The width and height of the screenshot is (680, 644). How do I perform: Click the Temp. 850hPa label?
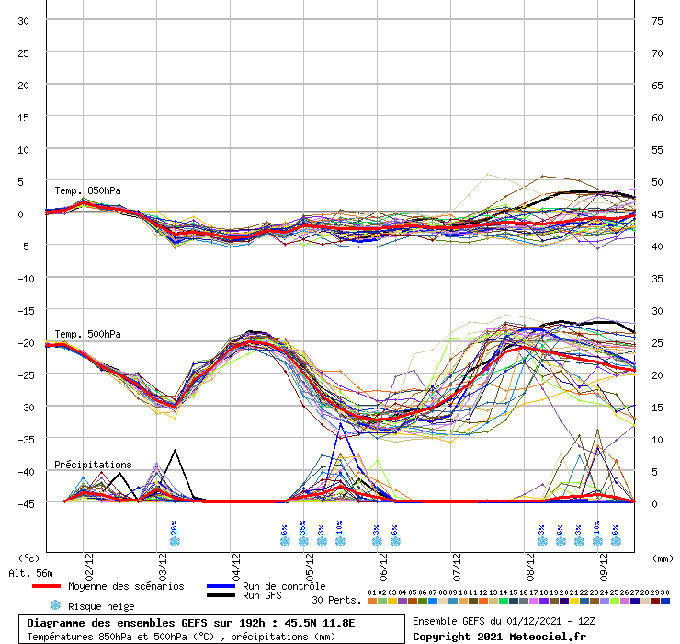tap(87, 191)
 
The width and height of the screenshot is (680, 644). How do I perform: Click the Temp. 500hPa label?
tap(87, 334)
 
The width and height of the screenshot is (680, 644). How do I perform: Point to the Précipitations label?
tap(93, 465)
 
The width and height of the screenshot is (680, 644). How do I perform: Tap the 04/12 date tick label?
tap(237, 559)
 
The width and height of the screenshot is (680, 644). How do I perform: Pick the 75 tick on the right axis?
tap(657, 20)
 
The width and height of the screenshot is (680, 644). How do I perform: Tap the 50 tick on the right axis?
tap(657, 181)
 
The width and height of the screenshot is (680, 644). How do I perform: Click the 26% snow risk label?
tap(174, 527)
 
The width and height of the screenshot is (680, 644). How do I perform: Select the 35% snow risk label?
tap(302, 527)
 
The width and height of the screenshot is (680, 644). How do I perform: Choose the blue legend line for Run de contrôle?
tap(222, 586)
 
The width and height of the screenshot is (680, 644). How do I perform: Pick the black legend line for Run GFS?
tap(222, 596)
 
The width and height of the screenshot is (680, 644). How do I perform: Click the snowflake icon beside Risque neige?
tap(55, 605)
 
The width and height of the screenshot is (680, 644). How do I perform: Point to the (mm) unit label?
tap(657, 558)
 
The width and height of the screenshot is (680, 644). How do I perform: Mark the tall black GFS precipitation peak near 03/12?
tap(175, 451)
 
